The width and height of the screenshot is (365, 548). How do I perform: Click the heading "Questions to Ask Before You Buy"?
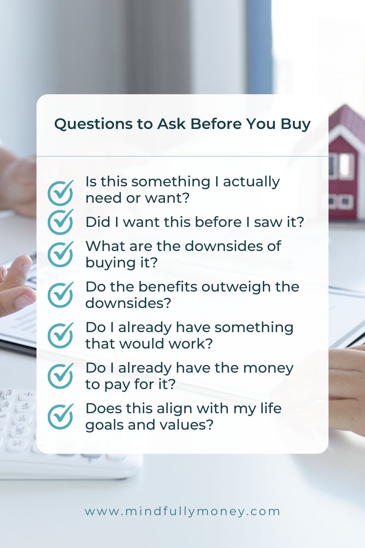click(182, 124)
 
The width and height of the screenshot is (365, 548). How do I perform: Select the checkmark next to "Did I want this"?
click(61, 221)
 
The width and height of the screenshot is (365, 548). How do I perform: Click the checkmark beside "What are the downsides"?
click(61, 254)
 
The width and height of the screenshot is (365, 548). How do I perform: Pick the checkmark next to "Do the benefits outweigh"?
click(61, 294)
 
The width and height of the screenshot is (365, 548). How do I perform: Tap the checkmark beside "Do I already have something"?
click(61, 335)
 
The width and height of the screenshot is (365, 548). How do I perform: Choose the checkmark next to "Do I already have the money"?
click(61, 376)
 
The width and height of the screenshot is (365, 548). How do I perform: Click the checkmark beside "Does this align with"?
click(61, 416)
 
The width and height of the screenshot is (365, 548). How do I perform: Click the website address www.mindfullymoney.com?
click(182, 511)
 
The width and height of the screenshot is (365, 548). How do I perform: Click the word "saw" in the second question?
click(267, 222)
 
